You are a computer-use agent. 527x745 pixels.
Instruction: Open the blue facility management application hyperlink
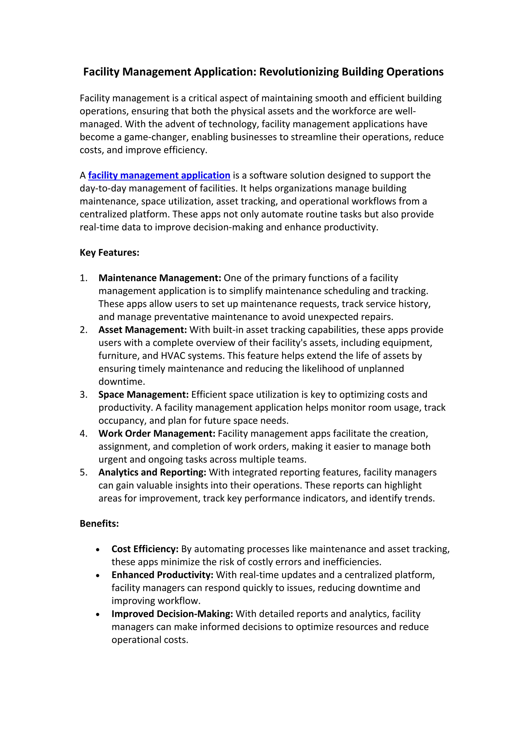[x=159, y=175]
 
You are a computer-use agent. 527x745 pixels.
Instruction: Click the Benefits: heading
[x=99, y=524]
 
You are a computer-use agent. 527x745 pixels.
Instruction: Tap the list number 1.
[x=83, y=278]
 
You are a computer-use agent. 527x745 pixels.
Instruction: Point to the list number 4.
[x=83, y=433]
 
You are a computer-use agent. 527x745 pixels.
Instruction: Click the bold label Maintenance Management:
[x=160, y=278]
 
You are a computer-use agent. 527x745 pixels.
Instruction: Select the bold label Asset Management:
[x=143, y=330]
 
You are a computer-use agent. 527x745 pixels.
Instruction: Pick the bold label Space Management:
[x=143, y=395]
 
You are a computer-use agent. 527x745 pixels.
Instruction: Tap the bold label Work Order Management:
[x=157, y=433]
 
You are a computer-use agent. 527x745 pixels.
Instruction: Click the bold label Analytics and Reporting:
[x=152, y=472]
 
